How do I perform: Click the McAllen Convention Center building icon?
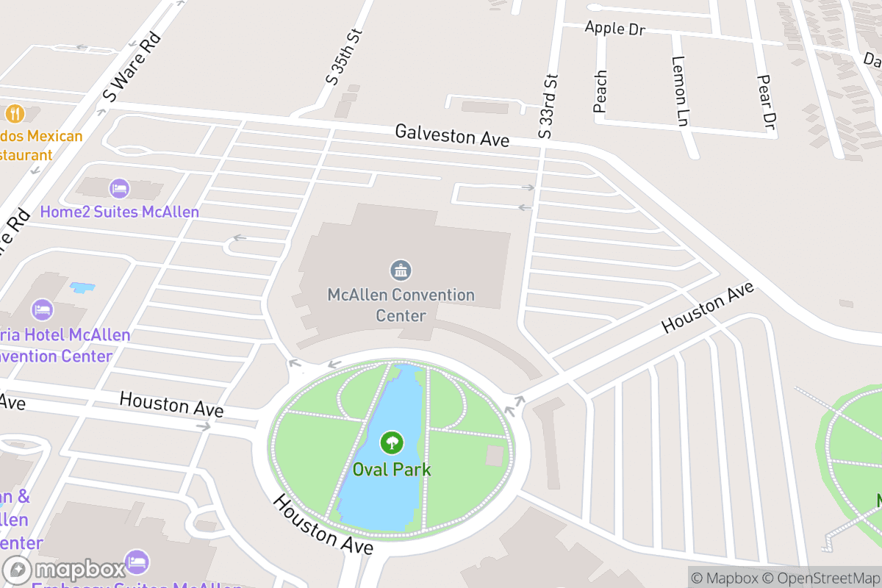click(x=401, y=270)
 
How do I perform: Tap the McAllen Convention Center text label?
click(x=401, y=305)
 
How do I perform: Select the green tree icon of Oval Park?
click(x=391, y=442)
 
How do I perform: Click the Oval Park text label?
click(x=391, y=470)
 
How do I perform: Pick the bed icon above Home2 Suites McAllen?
click(x=119, y=189)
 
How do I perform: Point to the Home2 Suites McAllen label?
click(x=119, y=212)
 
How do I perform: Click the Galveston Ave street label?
click(x=452, y=135)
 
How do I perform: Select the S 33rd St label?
click(x=548, y=106)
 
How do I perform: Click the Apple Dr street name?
click(x=614, y=29)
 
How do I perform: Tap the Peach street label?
click(x=600, y=91)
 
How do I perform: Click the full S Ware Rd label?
click(x=131, y=67)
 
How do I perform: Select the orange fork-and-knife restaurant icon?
click(x=15, y=113)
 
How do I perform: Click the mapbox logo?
click(x=64, y=570)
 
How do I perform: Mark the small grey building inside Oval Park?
click(x=495, y=456)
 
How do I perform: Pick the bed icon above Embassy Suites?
click(x=136, y=562)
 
